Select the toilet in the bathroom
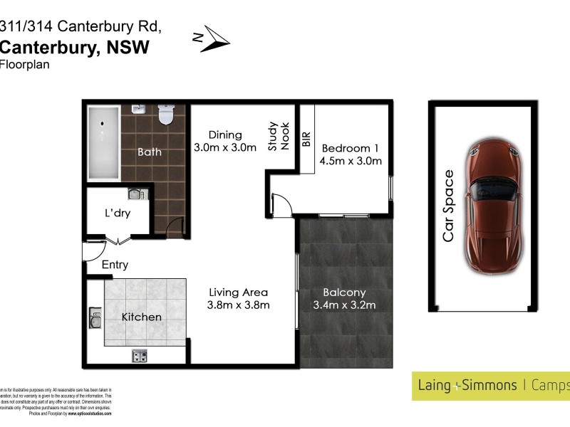(x=166, y=114)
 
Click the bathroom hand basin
(x=138, y=111)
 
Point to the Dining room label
(x=225, y=135)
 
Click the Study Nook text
(x=278, y=135)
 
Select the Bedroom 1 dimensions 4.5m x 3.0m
(x=351, y=161)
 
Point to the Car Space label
(x=448, y=206)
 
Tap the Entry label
(x=115, y=265)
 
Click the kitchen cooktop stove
(x=140, y=356)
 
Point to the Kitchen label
(x=141, y=317)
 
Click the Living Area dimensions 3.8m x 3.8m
(x=238, y=305)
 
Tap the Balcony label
(x=344, y=292)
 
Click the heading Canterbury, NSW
(x=75, y=47)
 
